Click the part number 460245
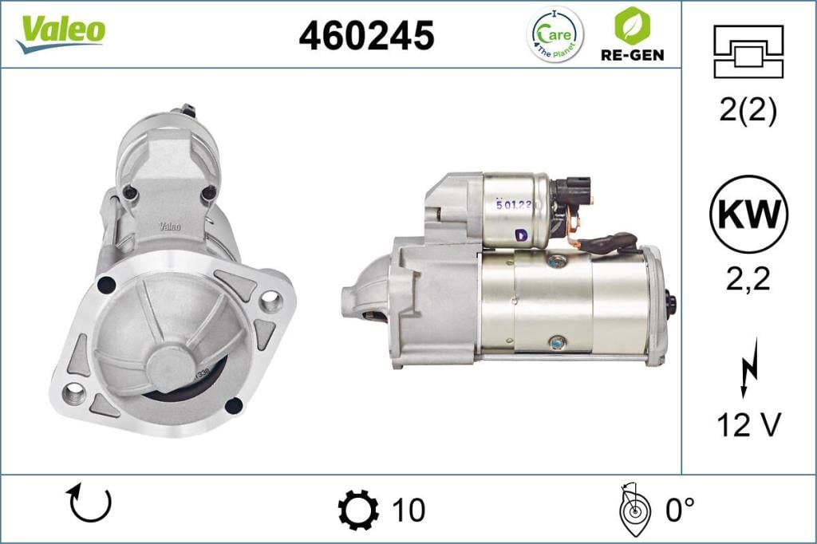click(366, 35)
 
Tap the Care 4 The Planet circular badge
click(555, 34)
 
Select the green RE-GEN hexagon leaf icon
click(630, 26)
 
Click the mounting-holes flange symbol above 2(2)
click(748, 51)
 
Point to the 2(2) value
click(748, 111)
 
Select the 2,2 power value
click(748, 279)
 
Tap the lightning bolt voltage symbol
click(748, 366)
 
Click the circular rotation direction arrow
click(90, 503)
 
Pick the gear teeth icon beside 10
click(358, 510)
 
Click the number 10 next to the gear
click(408, 510)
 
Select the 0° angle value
click(681, 510)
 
